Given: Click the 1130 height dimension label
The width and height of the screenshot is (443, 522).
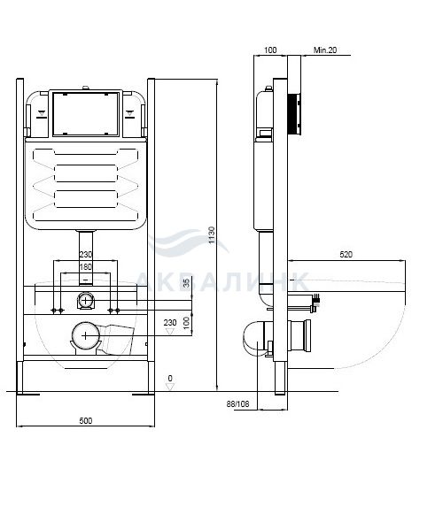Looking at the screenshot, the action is click(x=212, y=234).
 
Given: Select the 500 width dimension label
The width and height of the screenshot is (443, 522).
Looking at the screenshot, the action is click(x=86, y=420).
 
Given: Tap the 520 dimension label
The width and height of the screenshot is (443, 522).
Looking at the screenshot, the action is click(x=346, y=254).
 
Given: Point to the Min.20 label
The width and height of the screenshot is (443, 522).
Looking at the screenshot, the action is click(x=325, y=50).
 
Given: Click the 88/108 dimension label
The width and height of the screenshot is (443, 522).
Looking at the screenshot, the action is click(x=237, y=403).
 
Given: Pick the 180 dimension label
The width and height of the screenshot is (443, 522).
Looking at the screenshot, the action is click(x=85, y=266).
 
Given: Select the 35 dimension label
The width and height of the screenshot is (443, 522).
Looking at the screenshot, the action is click(x=186, y=282).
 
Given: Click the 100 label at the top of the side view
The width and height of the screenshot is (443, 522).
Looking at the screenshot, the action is click(x=270, y=50).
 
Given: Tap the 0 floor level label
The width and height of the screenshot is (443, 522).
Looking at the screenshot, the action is click(x=170, y=378).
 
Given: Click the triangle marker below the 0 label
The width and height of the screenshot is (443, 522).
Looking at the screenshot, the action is click(x=170, y=386).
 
